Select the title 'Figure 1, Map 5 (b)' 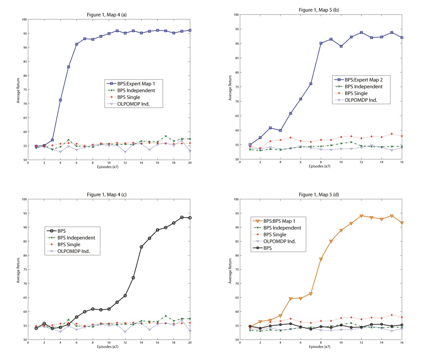pos(319,10)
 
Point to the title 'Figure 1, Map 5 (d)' pos(319,195)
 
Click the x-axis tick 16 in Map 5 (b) pos(401,163)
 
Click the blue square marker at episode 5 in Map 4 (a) pos(68,67)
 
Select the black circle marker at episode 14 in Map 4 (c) pos(141,247)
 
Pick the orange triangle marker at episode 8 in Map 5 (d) pos(321,259)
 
